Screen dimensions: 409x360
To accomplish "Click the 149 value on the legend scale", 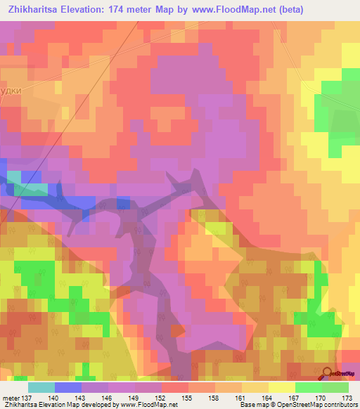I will coord(135,398).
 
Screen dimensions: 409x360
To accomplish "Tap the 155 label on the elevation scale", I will coord(188,398).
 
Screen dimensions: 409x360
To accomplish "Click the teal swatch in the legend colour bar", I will coord(41,387).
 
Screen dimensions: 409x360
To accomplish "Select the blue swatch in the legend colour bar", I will coord(67,387).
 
